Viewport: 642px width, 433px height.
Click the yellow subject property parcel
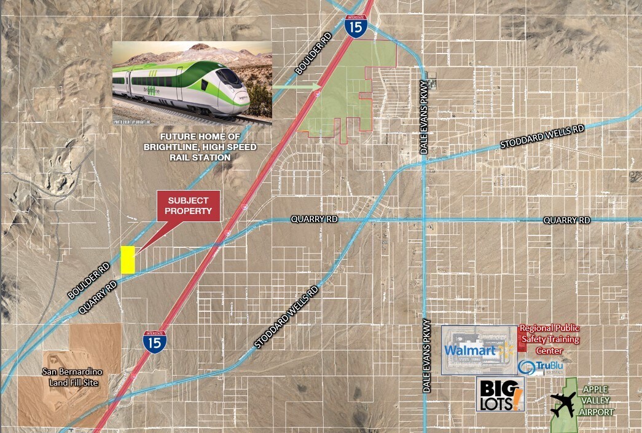127,260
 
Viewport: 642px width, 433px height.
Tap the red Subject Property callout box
189,205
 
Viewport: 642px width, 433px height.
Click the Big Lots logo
500,394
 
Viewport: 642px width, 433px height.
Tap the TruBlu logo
540,367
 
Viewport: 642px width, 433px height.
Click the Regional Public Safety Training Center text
550,340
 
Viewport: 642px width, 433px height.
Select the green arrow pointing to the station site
297,88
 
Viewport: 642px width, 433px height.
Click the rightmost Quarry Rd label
566,220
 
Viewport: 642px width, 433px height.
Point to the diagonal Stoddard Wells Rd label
287,316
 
